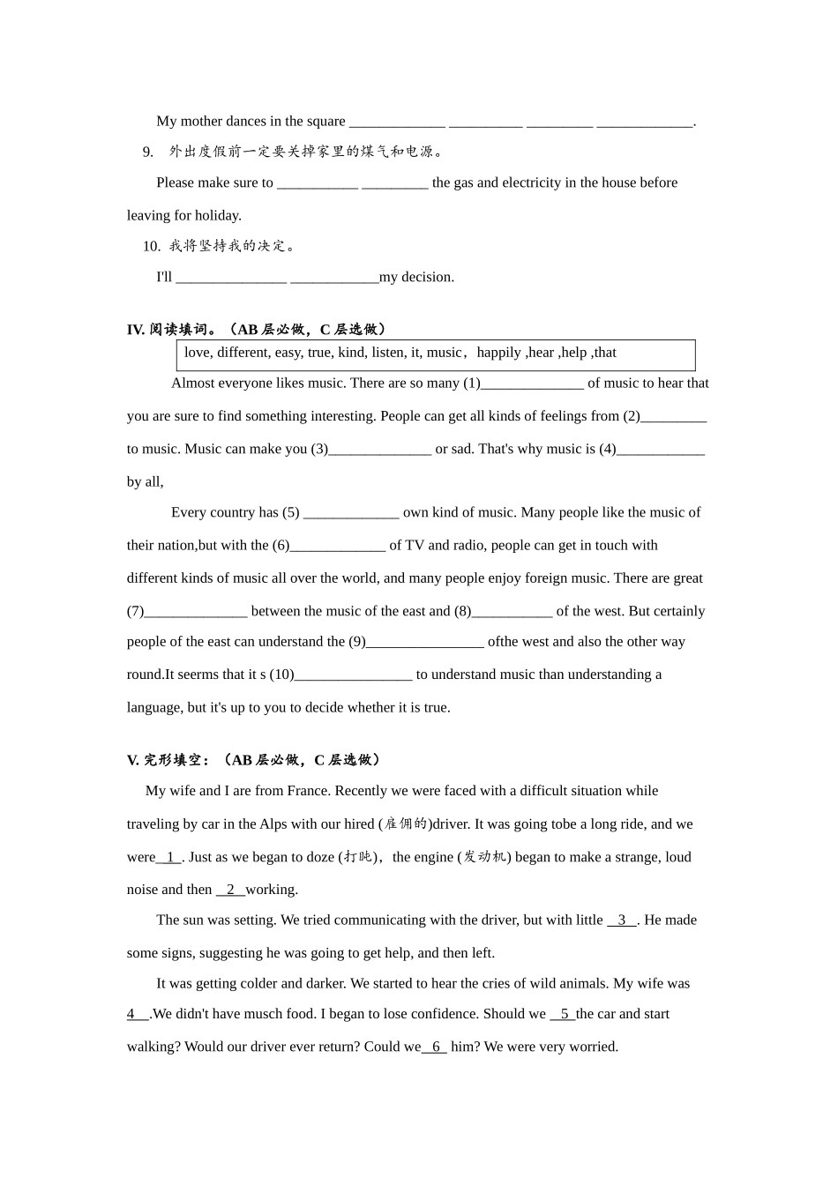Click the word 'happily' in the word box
click(498, 353)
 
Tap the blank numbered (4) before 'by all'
click(661, 450)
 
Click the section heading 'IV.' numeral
click(136, 330)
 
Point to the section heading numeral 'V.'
click(133, 760)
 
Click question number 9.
click(147, 152)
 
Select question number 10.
click(151, 246)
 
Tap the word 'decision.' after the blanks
click(428, 278)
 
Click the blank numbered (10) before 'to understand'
click(353, 675)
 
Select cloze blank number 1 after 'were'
click(169, 857)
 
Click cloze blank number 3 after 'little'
click(622, 920)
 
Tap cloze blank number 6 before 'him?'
click(435, 1047)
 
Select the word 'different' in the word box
click(242, 353)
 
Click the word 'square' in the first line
click(326, 122)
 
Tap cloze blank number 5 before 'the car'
click(563, 1014)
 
